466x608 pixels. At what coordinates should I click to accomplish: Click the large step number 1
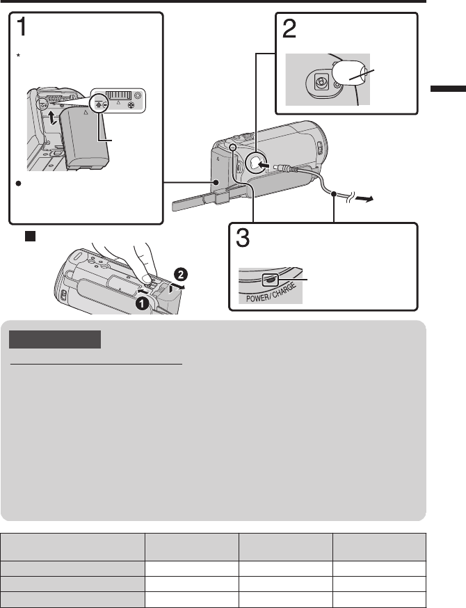point(22,27)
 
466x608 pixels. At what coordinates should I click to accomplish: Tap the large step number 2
point(289,29)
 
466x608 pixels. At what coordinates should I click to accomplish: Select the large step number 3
point(243,238)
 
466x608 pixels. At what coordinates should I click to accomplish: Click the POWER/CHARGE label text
point(271,293)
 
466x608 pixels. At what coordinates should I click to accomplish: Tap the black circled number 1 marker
point(143,303)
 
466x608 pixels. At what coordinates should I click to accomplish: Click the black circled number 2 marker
point(181,275)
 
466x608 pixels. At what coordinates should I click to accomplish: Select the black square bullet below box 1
point(30,236)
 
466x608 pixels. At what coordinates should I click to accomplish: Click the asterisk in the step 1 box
point(18,56)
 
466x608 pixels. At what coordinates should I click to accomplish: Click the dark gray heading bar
point(55,339)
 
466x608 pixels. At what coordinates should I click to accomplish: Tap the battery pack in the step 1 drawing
point(86,138)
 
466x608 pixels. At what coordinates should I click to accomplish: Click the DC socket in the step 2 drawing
point(320,82)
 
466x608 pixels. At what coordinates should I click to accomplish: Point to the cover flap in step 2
point(349,74)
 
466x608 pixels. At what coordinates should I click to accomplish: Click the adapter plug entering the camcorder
point(286,168)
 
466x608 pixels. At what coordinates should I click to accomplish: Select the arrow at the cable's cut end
point(364,199)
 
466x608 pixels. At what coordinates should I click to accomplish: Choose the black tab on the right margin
point(448,88)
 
